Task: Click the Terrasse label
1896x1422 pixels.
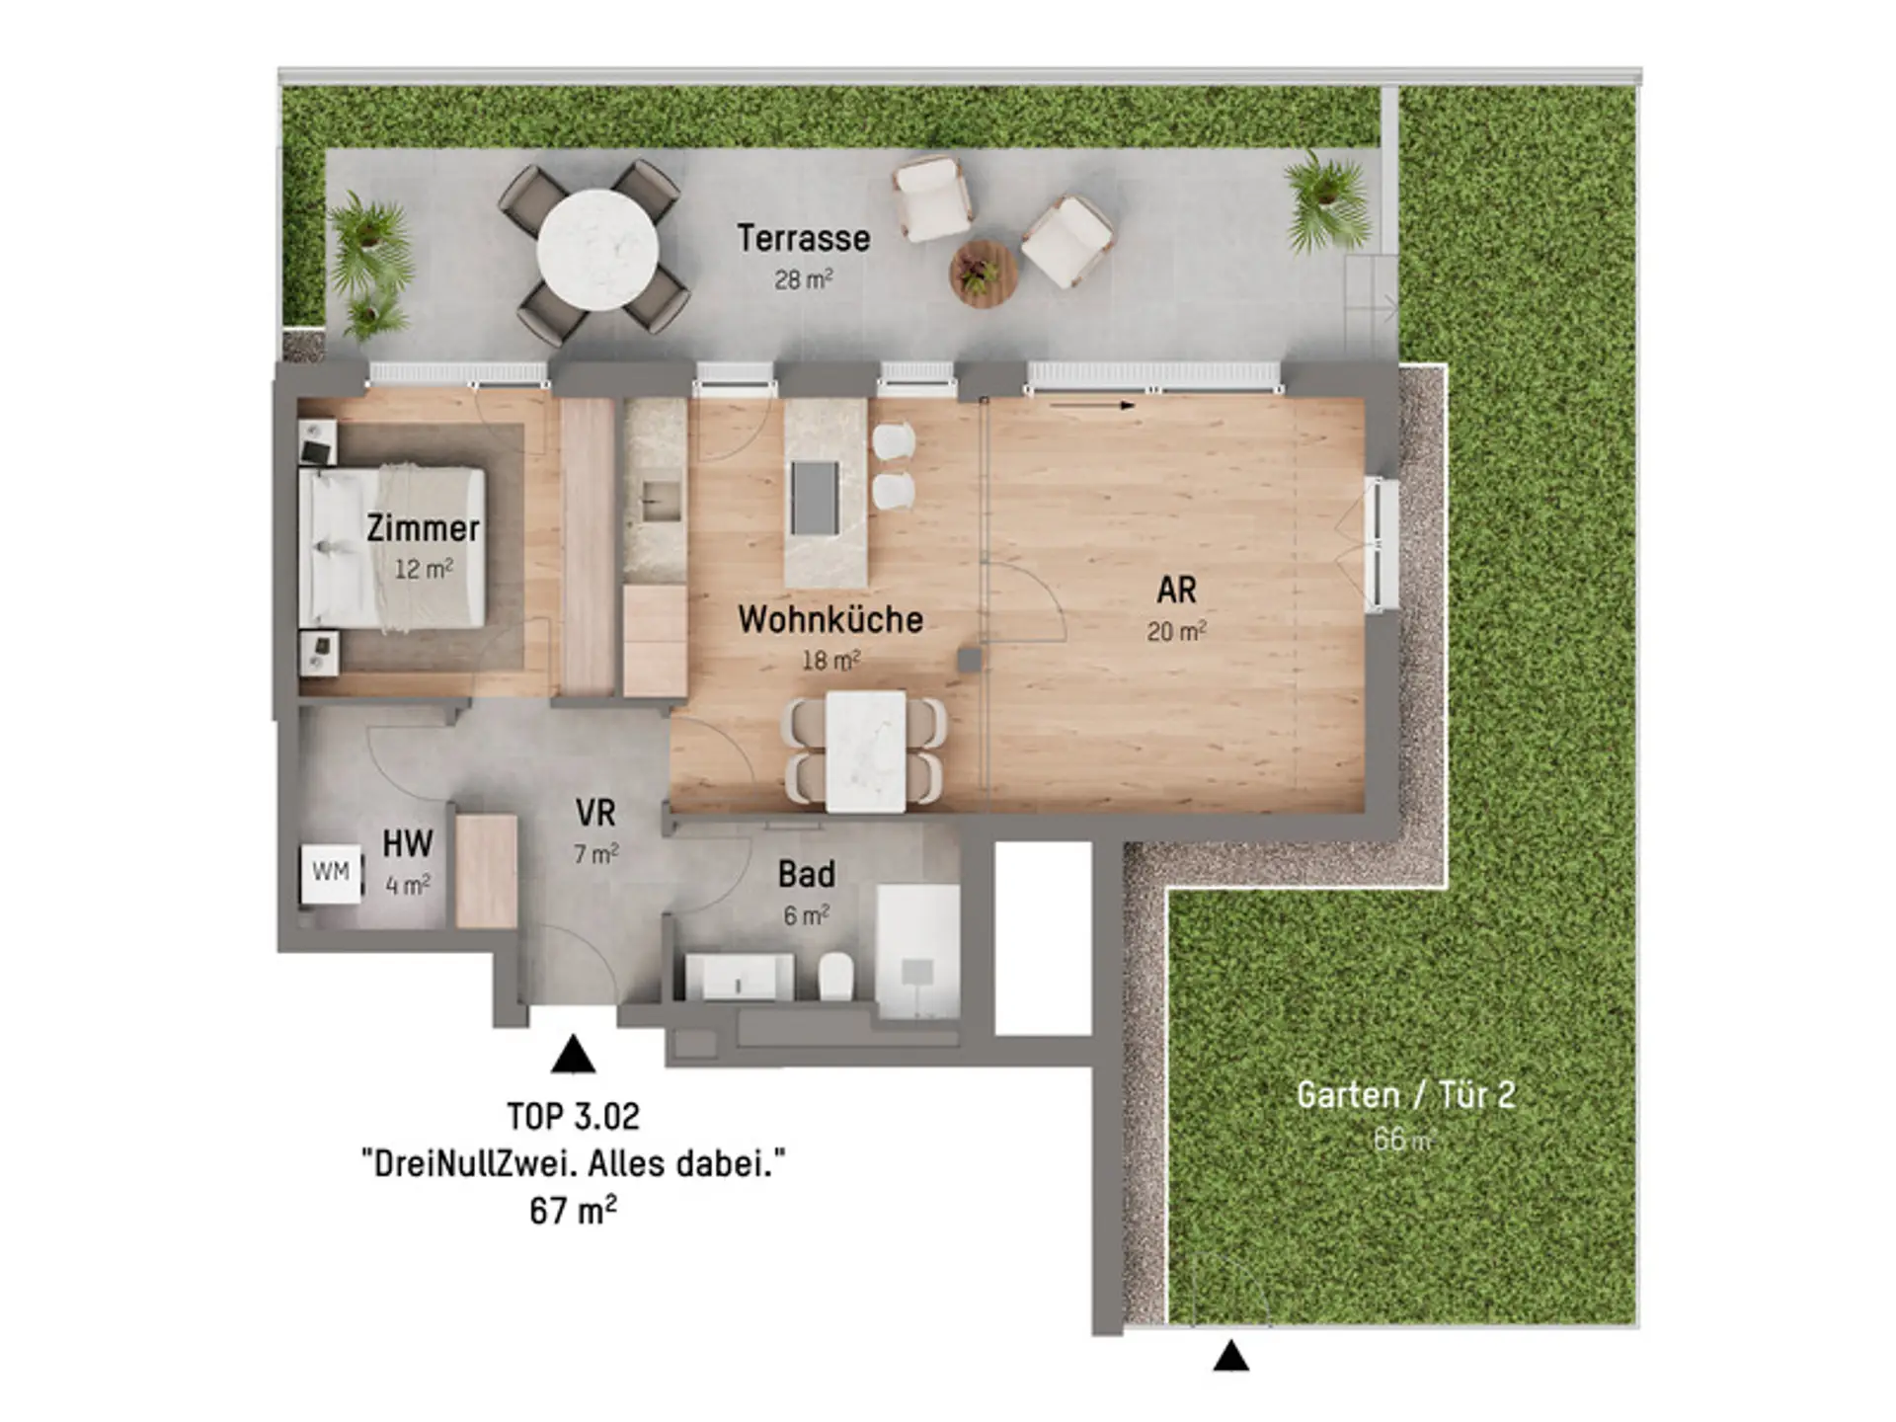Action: (803, 239)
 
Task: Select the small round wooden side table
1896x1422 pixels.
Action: (983, 275)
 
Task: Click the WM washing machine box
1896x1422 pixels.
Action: (331, 873)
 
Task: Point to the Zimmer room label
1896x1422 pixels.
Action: (423, 528)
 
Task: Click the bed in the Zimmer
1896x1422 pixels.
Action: (392, 547)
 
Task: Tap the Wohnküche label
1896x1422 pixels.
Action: (830, 620)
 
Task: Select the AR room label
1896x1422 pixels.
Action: (1176, 591)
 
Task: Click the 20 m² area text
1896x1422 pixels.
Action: (1176, 631)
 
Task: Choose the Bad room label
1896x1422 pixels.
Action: (807, 874)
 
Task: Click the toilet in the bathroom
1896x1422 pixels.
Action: (836, 976)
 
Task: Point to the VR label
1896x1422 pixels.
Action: (595, 814)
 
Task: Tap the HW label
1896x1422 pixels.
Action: (408, 844)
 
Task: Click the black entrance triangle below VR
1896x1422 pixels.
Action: (573, 1055)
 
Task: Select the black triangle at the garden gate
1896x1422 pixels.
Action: (1230, 1356)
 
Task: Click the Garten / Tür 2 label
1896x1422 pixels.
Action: (1405, 1095)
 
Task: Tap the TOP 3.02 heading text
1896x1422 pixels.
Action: (574, 1117)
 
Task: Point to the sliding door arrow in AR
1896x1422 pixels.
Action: (1092, 404)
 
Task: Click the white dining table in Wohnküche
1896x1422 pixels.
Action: (866, 751)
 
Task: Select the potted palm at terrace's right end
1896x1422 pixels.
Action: (1326, 201)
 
